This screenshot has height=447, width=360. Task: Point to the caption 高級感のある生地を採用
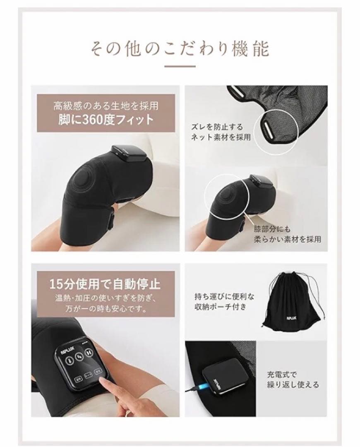click(106, 106)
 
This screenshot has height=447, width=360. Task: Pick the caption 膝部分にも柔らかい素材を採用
click(288, 234)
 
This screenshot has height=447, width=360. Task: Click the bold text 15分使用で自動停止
click(105, 285)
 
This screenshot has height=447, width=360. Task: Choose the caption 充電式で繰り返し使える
click(293, 380)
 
